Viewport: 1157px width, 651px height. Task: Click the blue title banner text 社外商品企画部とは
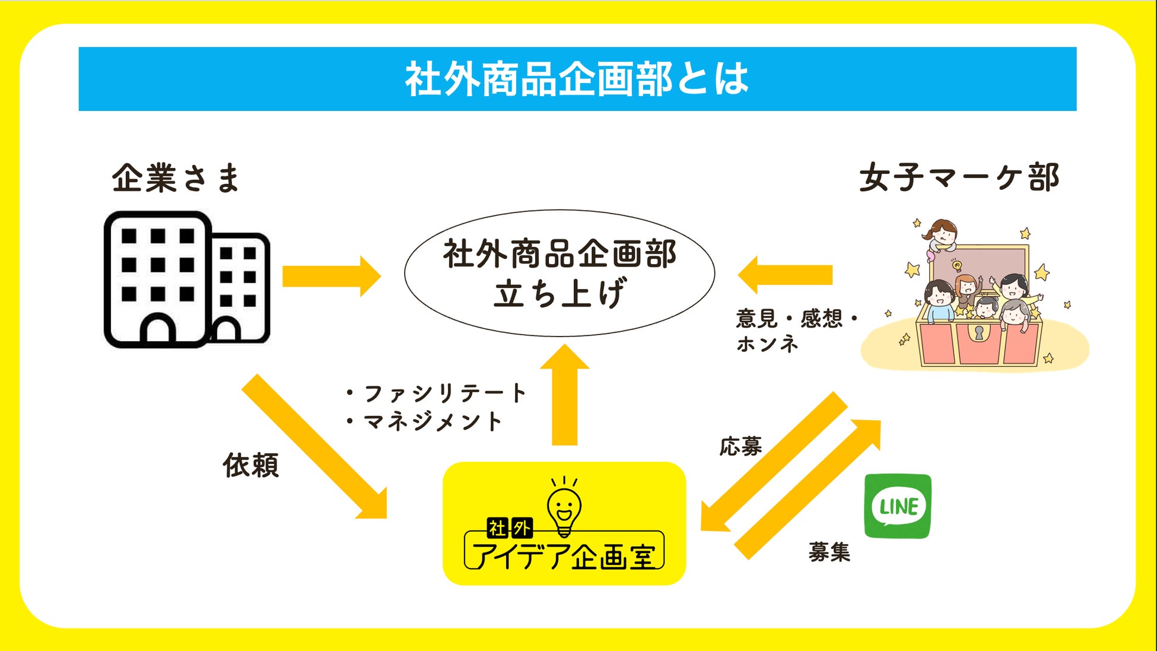pyautogui.click(x=577, y=79)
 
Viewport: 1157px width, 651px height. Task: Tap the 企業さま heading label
pyautogui.click(x=176, y=177)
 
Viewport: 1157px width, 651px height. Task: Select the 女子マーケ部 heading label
pyautogui.click(x=959, y=177)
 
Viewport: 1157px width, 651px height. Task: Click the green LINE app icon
pyautogui.click(x=898, y=506)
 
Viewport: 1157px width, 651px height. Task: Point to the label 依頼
pyautogui.click(x=251, y=465)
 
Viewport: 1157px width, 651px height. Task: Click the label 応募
pyautogui.click(x=740, y=446)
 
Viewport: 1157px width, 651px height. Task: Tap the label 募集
pyautogui.click(x=829, y=552)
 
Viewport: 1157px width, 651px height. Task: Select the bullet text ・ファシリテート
pyautogui.click(x=436, y=393)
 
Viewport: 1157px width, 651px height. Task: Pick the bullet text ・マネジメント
pyautogui.click(x=424, y=421)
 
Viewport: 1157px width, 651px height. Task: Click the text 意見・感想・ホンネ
pyautogui.click(x=795, y=331)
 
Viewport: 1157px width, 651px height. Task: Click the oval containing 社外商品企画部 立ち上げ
pyautogui.click(x=560, y=273)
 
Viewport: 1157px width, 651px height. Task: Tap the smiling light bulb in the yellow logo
pyautogui.click(x=564, y=507)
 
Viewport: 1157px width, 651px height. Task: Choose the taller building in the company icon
pyautogui.click(x=157, y=279)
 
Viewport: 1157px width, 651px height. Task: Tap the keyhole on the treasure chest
pyautogui.click(x=979, y=332)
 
